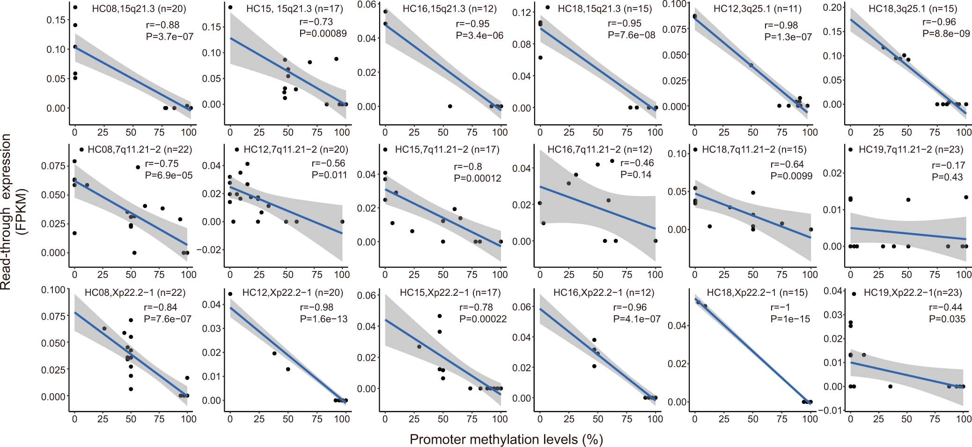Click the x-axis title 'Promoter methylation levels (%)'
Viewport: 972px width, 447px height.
(x=506, y=439)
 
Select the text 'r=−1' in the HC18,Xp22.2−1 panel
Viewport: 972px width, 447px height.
(x=779, y=308)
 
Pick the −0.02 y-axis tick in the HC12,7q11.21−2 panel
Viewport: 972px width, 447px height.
(x=210, y=249)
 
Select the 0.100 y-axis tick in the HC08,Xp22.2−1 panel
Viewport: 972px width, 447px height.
(x=52, y=289)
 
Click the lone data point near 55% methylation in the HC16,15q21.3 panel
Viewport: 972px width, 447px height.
(x=450, y=106)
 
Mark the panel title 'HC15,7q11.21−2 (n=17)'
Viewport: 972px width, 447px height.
(x=447, y=150)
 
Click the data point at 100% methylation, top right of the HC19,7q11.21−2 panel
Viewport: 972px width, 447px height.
(x=965, y=197)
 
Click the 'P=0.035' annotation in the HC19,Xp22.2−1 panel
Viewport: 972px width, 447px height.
(x=947, y=319)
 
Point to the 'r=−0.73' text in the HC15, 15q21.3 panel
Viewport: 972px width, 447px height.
(x=316, y=22)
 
